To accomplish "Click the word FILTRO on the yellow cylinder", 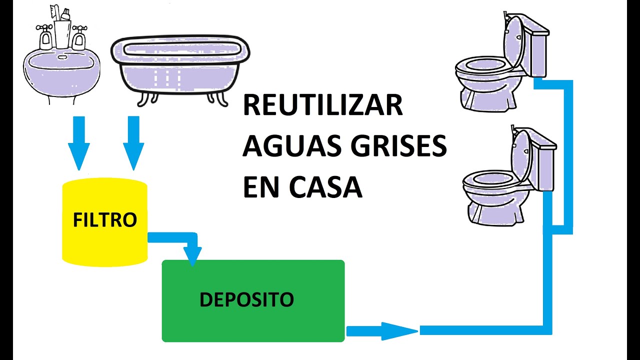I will [x=105, y=220].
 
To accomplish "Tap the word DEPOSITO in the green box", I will [x=246, y=299].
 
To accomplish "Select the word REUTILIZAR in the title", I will [x=322, y=106].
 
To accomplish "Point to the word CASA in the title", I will [x=324, y=188].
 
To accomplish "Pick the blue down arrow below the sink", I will [x=79, y=142].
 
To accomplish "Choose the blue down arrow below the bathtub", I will [x=133, y=142].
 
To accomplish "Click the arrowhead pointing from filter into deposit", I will [x=193, y=255].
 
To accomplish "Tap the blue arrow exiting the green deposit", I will [x=382, y=330].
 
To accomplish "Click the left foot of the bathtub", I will [x=144, y=99].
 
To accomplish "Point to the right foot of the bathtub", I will [x=220, y=98].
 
